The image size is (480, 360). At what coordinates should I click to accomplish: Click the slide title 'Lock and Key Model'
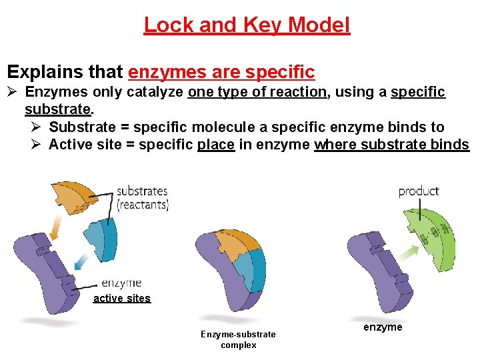coord(247,25)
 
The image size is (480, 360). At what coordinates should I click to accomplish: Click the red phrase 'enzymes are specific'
coord(221,71)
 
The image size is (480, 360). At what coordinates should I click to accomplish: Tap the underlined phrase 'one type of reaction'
coord(257,92)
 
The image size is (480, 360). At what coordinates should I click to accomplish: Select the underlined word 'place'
coord(216,145)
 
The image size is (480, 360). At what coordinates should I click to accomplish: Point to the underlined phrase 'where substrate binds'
coord(392,145)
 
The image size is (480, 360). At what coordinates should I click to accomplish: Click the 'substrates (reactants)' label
coord(143,198)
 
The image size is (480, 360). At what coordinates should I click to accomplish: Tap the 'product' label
coord(419,191)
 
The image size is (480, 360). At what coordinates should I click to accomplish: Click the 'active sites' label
coord(122,299)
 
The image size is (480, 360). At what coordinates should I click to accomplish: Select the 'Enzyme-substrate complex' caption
coord(238,339)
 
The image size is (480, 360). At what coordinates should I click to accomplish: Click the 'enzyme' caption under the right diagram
coord(383,327)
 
